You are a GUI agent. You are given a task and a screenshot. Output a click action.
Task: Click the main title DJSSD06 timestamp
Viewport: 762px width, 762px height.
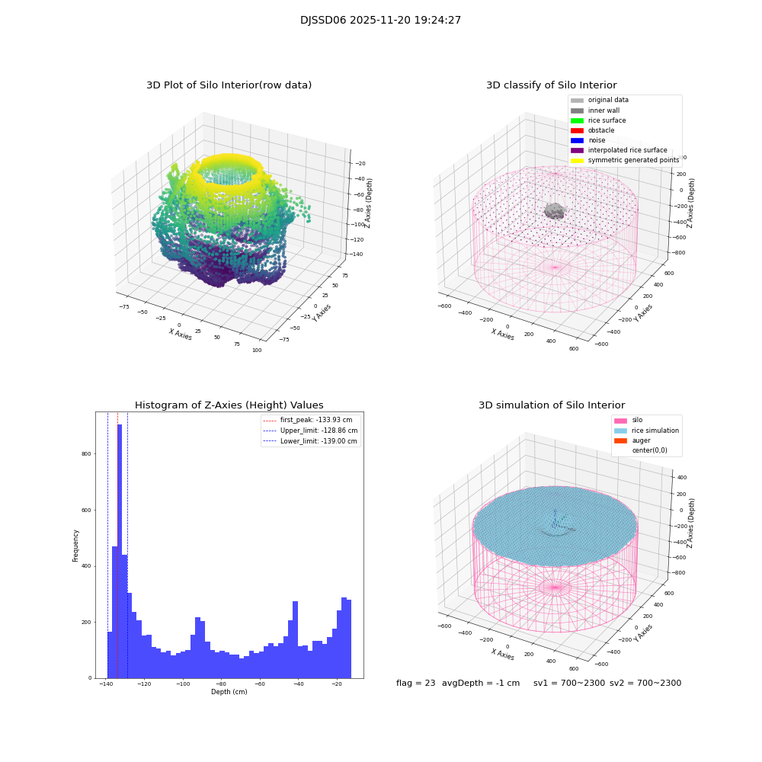pyautogui.click(x=380, y=21)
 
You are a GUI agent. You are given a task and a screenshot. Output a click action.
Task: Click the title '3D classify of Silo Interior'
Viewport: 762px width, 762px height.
pyautogui.click(x=551, y=85)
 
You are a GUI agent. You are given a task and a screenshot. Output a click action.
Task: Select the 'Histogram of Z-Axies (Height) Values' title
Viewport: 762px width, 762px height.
pyautogui.click(x=229, y=405)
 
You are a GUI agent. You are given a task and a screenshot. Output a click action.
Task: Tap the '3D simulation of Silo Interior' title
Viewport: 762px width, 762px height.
pyautogui.click(x=551, y=405)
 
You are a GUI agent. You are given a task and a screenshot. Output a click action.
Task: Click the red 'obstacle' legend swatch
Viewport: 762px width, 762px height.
pyautogui.click(x=577, y=130)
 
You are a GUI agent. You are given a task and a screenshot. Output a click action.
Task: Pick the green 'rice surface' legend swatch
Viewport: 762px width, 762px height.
pyautogui.click(x=577, y=120)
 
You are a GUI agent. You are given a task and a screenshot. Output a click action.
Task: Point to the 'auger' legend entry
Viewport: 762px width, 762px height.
pyautogui.click(x=641, y=440)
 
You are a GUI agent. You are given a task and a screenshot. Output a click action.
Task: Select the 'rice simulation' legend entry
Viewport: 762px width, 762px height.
pyautogui.click(x=655, y=431)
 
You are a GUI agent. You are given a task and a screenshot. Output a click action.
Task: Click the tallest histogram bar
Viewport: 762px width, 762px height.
pyautogui.click(x=120, y=549)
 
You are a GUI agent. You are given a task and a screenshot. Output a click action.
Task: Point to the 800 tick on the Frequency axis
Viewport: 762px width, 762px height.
pyautogui.click(x=85, y=454)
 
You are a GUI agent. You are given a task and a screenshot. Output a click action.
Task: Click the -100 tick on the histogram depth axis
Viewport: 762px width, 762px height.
pyautogui.click(x=183, y=684)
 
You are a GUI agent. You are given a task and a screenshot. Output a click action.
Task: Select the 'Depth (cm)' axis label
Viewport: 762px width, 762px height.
pyautogui.click(x=229, y=692)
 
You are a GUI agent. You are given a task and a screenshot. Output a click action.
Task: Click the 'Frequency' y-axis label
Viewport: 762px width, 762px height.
pyautogui.click(x=75, y=546)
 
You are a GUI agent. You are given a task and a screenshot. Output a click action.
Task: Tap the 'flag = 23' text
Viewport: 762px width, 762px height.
pyautogui.click(x=415, y=684)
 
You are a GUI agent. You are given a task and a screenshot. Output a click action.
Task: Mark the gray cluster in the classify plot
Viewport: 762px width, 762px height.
pyautogui.click(x=555, y=211)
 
